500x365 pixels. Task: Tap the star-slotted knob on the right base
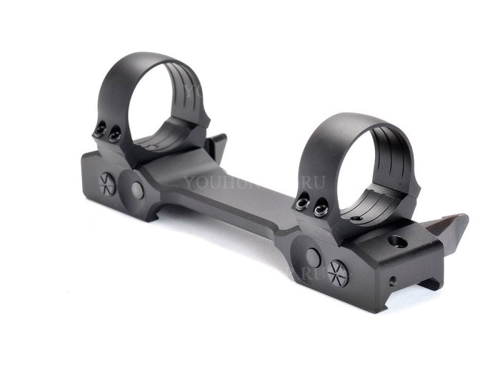coord(338,272)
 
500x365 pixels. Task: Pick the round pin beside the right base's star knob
coord(312,258)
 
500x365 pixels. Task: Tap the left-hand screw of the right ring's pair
coord(304,204)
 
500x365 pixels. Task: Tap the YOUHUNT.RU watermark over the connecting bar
coord(254,181)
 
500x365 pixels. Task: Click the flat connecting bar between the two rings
coord(229,193)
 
